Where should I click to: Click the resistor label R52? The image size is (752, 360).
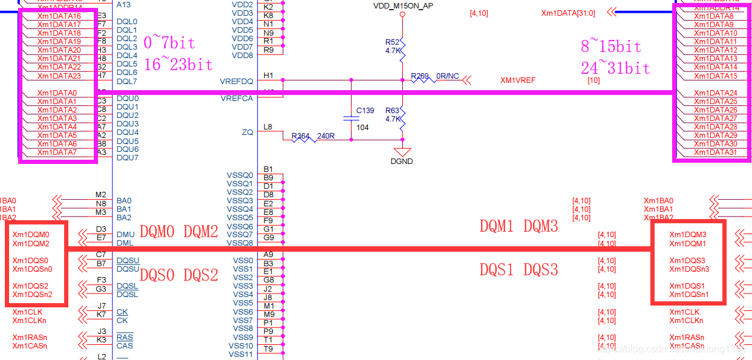click(x=392, y=42)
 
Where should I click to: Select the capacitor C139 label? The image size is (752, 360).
click(x=365, y=111)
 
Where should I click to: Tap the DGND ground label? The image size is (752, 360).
click(x=401, y=162)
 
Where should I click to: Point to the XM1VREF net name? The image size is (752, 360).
click(x=518, y=80)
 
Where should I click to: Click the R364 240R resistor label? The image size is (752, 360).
click(x=313, y=136)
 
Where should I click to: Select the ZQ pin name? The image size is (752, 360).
click(x=247, y=132)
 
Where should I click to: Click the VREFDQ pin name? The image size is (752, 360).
click(x=237, y=81)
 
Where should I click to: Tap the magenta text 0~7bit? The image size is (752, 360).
click(x=169, y=43)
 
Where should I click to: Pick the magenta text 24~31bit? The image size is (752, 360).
click(x=615, y=68)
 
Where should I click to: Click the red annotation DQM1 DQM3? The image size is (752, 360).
click(x=518, y=226)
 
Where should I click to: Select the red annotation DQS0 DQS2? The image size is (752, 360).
click(x=178, y=275)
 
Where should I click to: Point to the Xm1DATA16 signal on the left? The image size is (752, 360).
click(x=59, y=16)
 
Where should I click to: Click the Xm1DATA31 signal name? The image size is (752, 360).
click(x=715, y=152)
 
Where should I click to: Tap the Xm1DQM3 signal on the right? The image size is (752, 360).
click(x=687, y=235)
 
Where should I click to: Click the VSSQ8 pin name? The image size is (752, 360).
click(x=240, y=243)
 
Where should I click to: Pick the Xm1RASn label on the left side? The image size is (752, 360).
click(x=29, y=337)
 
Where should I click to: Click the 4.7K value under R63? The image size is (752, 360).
click(x=393, y=119)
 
